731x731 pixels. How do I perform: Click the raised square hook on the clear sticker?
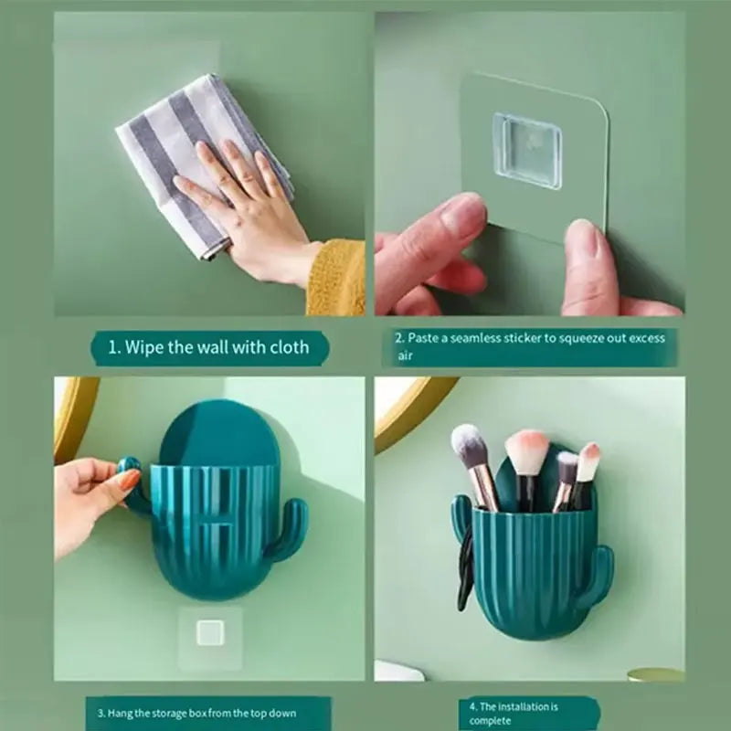(x=526, y=150)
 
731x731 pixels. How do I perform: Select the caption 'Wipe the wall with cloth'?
(x=208, y=347)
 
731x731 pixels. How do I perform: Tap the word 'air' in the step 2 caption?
(x=405, y=356)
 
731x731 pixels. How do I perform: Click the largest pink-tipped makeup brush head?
(x=526, y=453)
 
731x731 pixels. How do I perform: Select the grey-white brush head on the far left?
(x=470, y=447)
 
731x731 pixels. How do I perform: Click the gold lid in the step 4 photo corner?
(x=655, y=674)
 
